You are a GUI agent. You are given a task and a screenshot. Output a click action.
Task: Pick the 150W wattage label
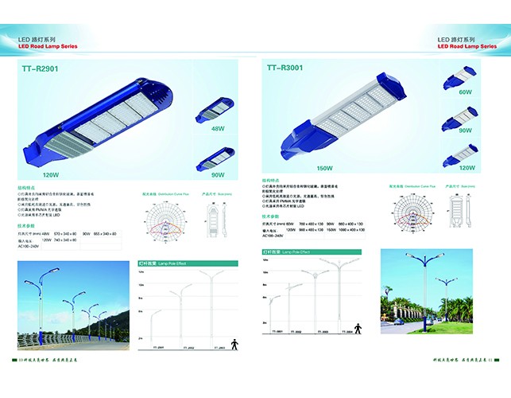[x=303, y=168]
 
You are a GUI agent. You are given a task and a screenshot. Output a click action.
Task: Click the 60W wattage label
[x=466, y=92]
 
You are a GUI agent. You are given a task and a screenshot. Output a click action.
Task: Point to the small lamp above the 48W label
[x=219, y=109]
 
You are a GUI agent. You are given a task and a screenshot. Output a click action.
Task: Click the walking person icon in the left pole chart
[x=234, y=344]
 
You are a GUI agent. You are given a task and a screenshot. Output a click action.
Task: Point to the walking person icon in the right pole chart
[x=358, y=327]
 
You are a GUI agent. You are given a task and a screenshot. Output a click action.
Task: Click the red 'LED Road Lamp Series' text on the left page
[x=50, y=45]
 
